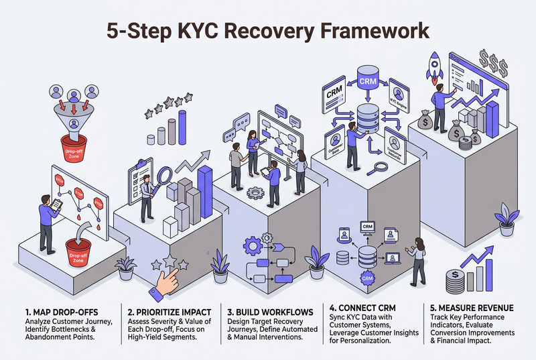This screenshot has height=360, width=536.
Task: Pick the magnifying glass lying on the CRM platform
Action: (x=382, y=168)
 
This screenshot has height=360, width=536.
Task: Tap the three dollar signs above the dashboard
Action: (x=494, y=66)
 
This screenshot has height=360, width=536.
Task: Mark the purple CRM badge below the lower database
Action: (x=366, y=277)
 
